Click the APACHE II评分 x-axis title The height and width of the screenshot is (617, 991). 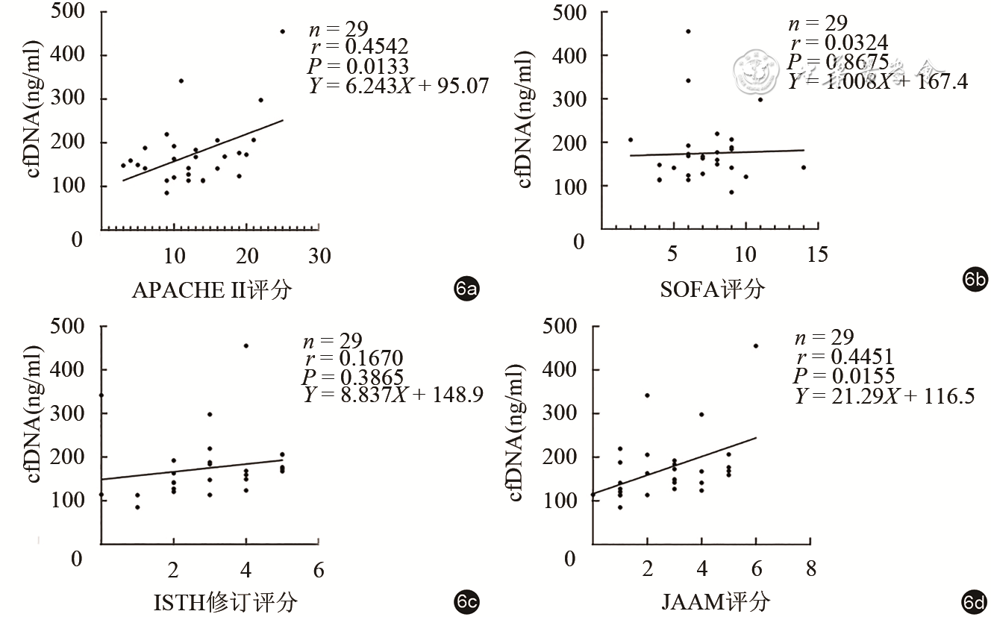click(211, 289)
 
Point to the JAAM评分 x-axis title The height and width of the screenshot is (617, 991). click(716, 601)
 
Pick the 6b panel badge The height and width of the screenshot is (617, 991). click(975, 281)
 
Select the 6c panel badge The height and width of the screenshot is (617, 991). click(466, 601)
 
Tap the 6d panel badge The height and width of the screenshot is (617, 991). click(975, 601)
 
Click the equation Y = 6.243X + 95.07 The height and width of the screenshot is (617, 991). click(398, 86)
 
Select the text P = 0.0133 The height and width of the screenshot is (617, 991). click(359, 67)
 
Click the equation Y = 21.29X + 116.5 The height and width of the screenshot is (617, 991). click(884, 396)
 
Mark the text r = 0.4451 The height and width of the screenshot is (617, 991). click(844, 357)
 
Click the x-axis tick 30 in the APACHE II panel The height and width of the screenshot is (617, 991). click(319, 256)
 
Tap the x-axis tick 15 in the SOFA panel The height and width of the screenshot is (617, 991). click(817, 255)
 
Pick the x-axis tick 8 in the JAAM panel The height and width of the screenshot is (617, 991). click(810, 570)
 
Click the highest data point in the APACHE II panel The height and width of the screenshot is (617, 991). click(283, 31)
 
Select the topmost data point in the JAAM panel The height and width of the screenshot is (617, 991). click(756, 345)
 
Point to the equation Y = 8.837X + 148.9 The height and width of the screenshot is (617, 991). click(393, 395)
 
